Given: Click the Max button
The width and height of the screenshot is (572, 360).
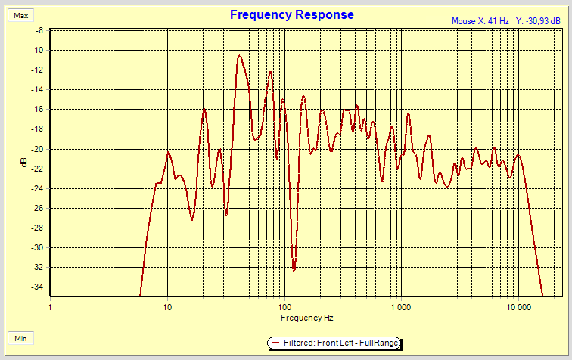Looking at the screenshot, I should (21, 15).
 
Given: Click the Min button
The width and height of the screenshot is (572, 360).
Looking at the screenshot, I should (21, 337).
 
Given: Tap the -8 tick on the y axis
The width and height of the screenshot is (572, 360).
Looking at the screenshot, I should (38, 31).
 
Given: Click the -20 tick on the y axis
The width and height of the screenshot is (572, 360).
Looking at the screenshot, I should (36, 149).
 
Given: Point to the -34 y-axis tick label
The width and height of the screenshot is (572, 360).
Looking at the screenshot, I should (36, 287).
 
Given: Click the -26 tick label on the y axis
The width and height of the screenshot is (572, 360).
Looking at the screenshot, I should (36, 208).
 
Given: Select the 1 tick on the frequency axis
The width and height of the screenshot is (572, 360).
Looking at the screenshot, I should (50, 307).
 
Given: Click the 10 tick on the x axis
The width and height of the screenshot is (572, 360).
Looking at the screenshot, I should (167, 307).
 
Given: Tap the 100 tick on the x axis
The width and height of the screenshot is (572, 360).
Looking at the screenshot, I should (284, 307).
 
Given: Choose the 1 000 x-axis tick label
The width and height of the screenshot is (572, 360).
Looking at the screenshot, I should (400, 307).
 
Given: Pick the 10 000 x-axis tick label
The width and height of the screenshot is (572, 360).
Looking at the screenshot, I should (518, 307).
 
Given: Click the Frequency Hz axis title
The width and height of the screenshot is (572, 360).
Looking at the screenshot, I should (302, 318).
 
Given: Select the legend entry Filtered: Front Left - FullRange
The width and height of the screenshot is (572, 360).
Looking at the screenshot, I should (333, 343).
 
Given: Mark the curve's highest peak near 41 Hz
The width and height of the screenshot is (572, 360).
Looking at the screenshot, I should (239, 55).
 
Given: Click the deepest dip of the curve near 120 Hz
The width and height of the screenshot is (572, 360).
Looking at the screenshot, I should (294, 269).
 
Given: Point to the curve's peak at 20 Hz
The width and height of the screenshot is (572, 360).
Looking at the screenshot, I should (204, 110).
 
